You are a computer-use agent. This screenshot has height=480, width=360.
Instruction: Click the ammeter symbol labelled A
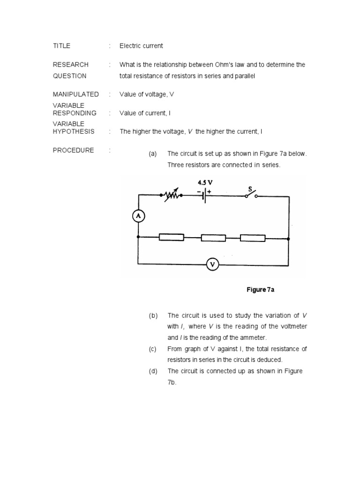tap(138, 216)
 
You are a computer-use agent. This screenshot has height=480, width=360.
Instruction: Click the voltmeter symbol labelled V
tap(213, 265)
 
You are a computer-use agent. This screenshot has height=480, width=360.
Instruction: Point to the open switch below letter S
tap(251, 196)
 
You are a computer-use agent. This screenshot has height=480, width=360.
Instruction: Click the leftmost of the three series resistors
tap(172, 238)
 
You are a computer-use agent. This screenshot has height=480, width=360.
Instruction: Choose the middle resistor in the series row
tap(213, 238)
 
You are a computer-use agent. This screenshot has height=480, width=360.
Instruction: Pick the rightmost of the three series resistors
tap(253, 238)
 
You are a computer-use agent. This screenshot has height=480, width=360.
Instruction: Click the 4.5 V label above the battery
tap(205, 182)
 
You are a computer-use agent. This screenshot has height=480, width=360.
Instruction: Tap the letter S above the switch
tap(250, 189)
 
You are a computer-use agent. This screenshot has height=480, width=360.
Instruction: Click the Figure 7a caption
tap(260, 290)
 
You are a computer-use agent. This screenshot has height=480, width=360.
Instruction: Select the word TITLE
tap(61, 46)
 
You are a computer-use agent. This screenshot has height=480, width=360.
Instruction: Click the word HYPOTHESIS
tap(74, 132)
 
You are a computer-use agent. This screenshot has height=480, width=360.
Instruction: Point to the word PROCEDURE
tap(73, 150)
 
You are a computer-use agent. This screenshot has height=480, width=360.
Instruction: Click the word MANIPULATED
tap(75, 94)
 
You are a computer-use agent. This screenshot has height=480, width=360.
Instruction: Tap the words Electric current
tap(141, 46)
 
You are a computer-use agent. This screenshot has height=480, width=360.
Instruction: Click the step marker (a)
tap(153, 154)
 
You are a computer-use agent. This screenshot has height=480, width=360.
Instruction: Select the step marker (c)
tap(153, 349)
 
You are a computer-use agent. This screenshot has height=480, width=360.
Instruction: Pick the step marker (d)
tap(153, 371)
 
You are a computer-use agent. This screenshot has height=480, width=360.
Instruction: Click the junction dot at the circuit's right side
tap(289, 238)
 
